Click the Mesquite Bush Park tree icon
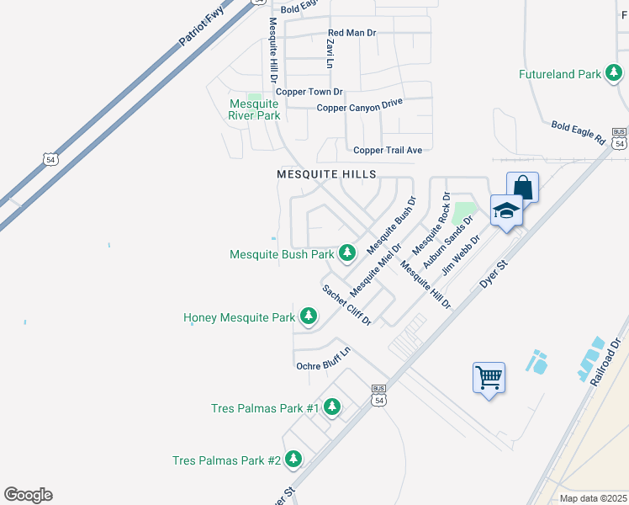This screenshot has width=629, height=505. click(x=347, y=252)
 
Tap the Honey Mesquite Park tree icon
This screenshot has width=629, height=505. click(x=309, y=316)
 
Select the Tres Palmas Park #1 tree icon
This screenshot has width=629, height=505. click(x=332, y=408)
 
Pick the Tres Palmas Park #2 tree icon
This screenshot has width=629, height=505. click(x=293, y=460)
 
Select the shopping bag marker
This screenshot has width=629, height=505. click(x=522, y=187)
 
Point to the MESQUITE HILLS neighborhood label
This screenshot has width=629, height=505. click(x=326, y=173)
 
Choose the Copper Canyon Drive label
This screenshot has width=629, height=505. click(x=360, y=106)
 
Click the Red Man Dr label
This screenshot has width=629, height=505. click(x=351, y=34)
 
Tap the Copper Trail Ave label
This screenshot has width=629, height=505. click(x=388, y=150)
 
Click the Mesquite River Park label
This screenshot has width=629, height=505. click(x=254, y=110)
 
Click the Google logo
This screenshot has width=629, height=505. click(x=28, y=495)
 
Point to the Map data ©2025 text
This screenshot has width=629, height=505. click(x=592, y=498)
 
